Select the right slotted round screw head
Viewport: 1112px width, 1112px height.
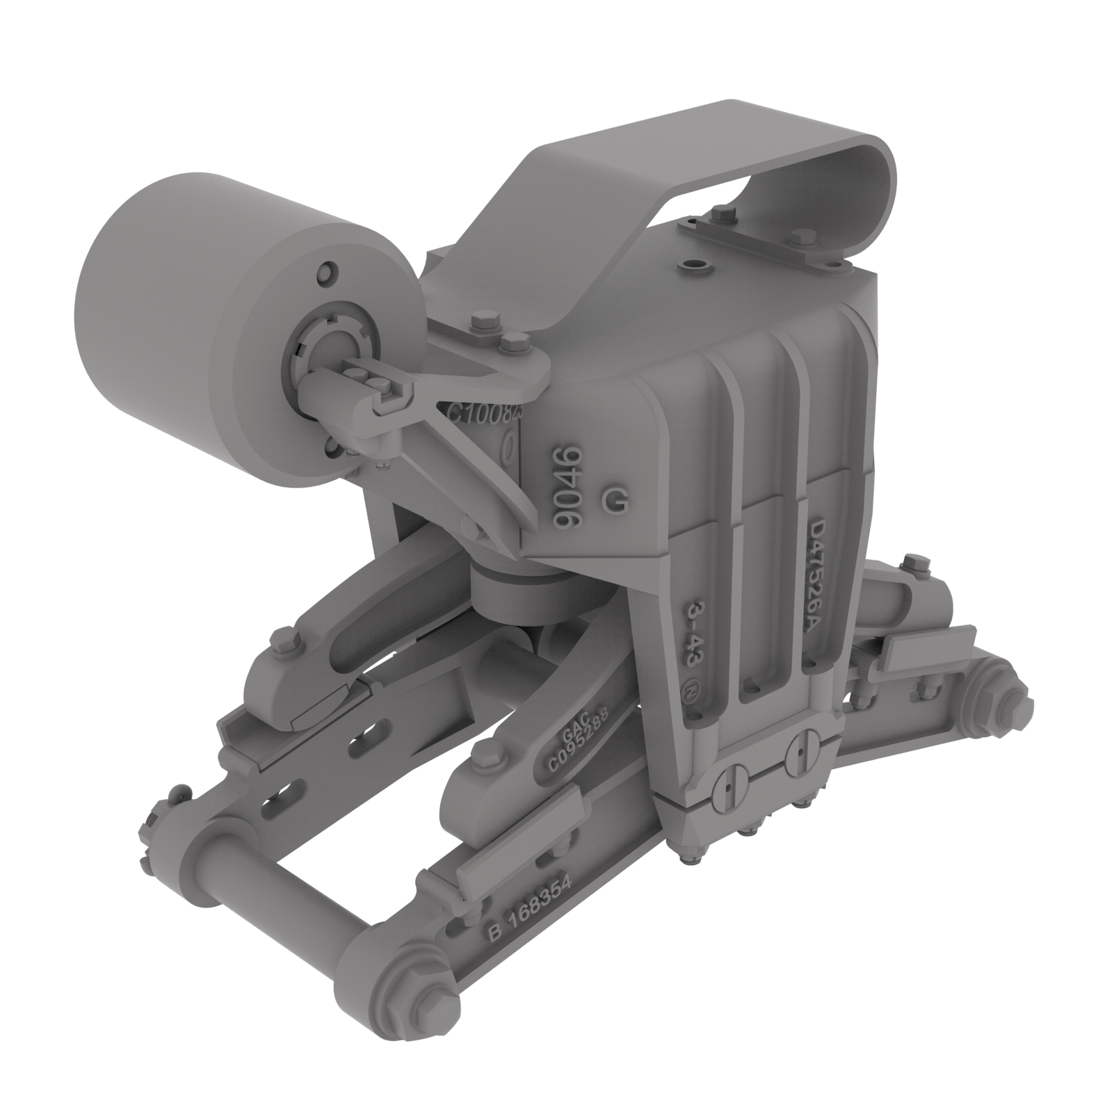(x=802, y=754)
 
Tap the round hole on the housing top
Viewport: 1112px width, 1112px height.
(x=693, y=265)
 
